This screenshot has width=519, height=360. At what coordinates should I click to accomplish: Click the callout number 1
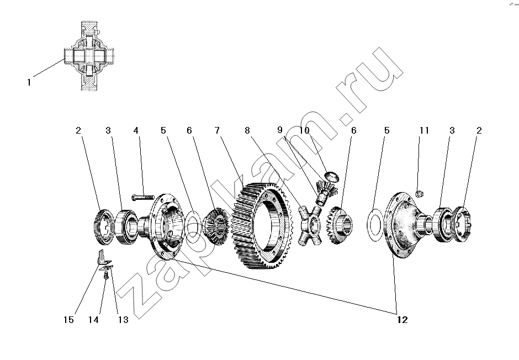pyautogui.click(x=29, y=82)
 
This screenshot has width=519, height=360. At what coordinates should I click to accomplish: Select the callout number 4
pyautogui.click(x=136, y=130)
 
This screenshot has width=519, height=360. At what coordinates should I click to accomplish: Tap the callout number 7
pyautogui.click(x=217, y=130)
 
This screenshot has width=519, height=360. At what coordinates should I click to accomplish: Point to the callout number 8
pyautogui.click(x=247, y=130)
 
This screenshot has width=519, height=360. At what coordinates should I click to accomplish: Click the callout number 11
pyautogui.click(x=424, y=130)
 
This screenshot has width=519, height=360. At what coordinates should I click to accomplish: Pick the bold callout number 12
pyautogui.click(x=403, y=320)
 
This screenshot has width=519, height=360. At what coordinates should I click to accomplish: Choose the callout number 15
pyautogui.click(x=69, y=320)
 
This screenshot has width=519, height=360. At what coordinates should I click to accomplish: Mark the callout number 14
pyautogui.click(x=93, y=320)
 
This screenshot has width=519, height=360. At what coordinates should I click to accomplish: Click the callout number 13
pyautogui.click(x=123, y=320)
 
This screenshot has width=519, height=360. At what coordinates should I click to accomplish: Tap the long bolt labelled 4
pyautogui.click(x=143, y=198)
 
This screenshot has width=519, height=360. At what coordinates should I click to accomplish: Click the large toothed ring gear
pyautogui.click(x=262, y=226)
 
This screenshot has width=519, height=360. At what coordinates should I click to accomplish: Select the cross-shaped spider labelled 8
pyautogui.click(x=310, y=225)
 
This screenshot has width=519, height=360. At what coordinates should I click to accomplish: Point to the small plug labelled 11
pyautogui.click(x=420, y=194)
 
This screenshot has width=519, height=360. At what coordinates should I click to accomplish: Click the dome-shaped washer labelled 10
pyautogui.click(x=332, y=176)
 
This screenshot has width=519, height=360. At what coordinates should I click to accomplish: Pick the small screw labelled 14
pyautogui.click(x=106, y=276)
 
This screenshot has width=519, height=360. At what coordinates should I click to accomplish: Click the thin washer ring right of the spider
pyautogui.click(x=375, y=225)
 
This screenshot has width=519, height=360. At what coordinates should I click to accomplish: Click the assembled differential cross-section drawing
pyautogui.click(x=89, y=56)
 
